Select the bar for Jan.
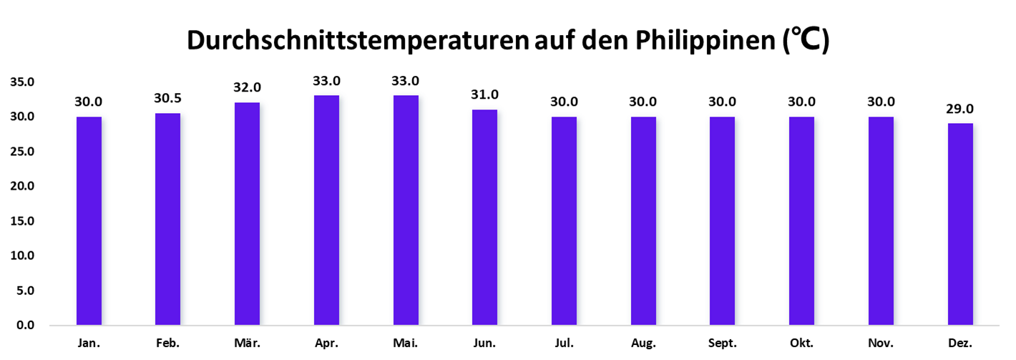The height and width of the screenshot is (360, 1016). click(x=89, y=220)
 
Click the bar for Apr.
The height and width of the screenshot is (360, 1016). click(x=326, y=210)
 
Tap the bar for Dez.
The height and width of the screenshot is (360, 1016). click(x=960, y=224)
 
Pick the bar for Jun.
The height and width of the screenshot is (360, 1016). click(x=484, y=218)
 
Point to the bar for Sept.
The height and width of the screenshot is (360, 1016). click(x=722, y=220)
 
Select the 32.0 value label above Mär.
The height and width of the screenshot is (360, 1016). click(x=248, y=87)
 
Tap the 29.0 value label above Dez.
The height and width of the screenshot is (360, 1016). click(x=960, y=109)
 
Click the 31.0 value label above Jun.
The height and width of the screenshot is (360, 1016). click(x=484, y=94)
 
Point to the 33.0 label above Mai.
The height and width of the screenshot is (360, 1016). click(x=406, y=80)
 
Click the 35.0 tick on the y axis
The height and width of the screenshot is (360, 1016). click(x=22, y=82)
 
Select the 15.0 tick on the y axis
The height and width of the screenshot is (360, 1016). click(x=22, y=221)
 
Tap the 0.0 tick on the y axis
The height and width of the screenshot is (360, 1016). click(x=25, y=326)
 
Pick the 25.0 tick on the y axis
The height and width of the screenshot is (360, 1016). click(x=22, y=152)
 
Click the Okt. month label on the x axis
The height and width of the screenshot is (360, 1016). click(x=801, y=344)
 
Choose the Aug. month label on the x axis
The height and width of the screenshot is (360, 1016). click(x=643, y=344)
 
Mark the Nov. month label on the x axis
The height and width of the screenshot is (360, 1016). click(x=881, y=344)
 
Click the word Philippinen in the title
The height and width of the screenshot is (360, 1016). click(x=702, y=42)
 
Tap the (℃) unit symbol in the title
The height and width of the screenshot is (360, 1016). click(x=804, y=42)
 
